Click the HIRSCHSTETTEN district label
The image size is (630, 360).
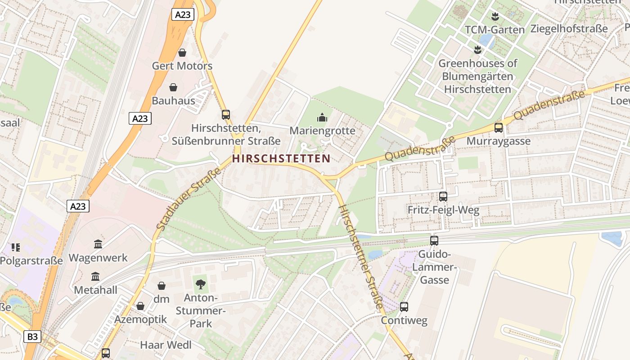pyautogui.click(x=281, y=158)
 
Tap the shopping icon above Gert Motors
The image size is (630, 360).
pyautogui.click(x=182, y=53)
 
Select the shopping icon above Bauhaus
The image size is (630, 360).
pyautogui.click(x=173, y=87)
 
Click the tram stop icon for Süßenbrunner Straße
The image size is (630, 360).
pyautogui.click(x=226, y=115)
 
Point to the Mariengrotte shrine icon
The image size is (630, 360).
pyautogui.click(x=322, y=118)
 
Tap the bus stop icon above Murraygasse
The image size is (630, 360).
pyautogui.click(x=499, y=128)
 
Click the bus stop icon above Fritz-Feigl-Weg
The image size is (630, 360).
pyautogui.click(x=443, y=197)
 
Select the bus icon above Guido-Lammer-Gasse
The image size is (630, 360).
pyautogui.click(x=434, y=241)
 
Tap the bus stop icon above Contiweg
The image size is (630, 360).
pyautogui.click(x=404, y=307)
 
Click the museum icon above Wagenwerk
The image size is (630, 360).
pyautogui.click(x=98, y=244)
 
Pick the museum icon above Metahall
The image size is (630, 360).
pyautogui.click(x=95, y=277)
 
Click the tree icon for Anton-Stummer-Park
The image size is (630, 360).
pyautogui.click(x=201, y=284)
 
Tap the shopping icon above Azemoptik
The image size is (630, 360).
pyautogui.click(x=140, y=306)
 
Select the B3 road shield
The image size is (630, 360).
pyautogui.click(x=32, y=336)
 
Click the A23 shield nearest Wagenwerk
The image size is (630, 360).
pyautogui.click(x=78, y=206)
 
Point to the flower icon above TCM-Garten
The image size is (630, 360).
pyautogui.click(x=495, y=17)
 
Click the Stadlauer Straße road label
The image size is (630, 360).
pyautogui.click(x=189, y=199)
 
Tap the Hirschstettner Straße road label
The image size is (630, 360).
pyautogui.click(x=360, y=256)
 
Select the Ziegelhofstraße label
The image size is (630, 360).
pyautogui.click(x=569, y=29)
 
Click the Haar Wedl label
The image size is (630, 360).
pyautogui.click(x=166, y=345)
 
